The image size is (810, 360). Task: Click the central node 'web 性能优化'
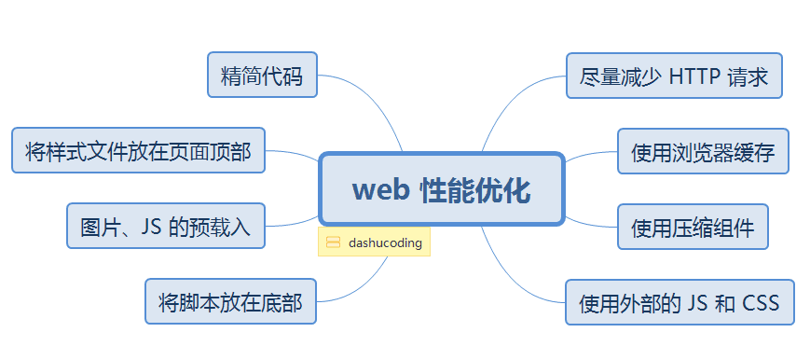441,189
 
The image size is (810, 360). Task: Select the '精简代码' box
262,76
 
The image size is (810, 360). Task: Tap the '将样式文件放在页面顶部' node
138,151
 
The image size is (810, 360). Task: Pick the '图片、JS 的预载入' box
166,227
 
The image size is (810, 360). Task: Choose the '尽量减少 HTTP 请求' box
673,76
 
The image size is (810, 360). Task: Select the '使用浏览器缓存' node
703,151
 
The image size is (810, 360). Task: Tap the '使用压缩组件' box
693,227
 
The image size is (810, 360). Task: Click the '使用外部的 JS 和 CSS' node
679,302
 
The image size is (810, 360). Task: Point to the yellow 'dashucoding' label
384,242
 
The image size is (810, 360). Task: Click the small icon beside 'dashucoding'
333,242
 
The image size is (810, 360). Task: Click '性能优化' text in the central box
474,190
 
